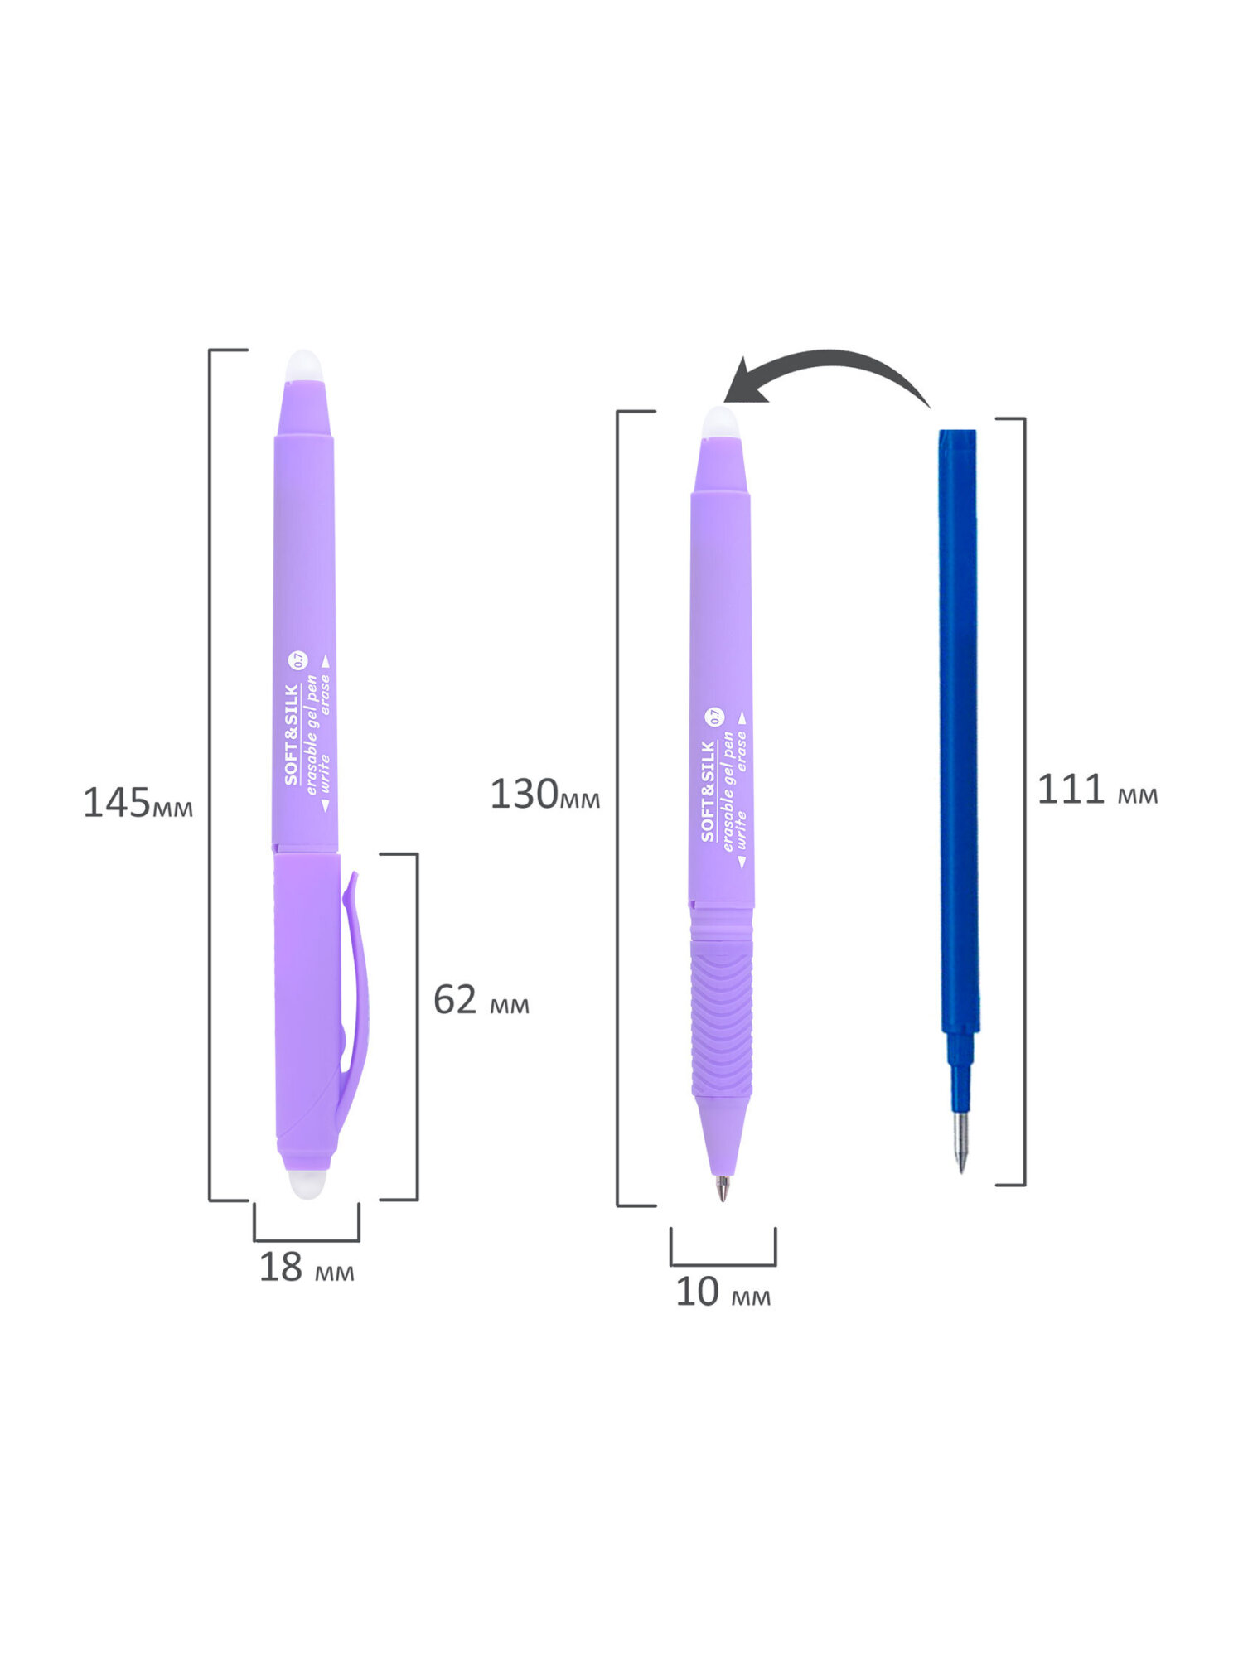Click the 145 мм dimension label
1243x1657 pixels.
[138, 803]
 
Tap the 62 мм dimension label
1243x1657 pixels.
[481, 1000]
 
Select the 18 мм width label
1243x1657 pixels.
[307, 1268]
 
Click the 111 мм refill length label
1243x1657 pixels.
[1097, 789]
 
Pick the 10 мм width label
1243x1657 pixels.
[723, 1292]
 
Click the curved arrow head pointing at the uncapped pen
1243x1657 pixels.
[744, 381]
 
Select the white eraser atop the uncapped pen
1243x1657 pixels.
[720, 423]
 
